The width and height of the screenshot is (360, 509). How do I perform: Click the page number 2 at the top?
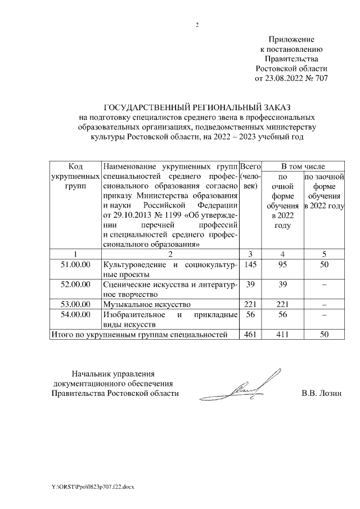pos(197,24)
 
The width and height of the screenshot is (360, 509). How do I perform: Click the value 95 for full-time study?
pos(283,264)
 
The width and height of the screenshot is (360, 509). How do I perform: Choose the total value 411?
pos(283,335)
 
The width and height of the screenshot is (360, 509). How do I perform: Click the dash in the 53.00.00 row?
pos(324,304)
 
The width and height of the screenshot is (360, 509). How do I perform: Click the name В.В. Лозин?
pos(321,393)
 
